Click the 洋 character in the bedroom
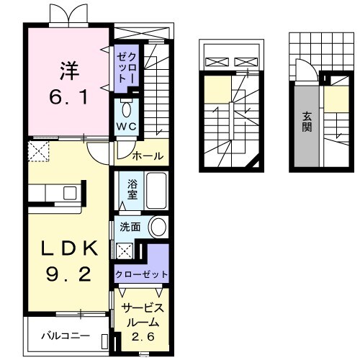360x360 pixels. click(69, 71)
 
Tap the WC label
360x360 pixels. click(127, 127)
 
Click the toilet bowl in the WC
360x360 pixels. click(127, 109)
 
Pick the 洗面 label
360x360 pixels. click(131, 227)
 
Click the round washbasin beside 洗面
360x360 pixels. click(158, 228)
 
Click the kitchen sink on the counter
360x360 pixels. click(70, 194)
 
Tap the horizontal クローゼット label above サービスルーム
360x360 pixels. click(142, 274)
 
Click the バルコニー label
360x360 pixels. click(65, 336)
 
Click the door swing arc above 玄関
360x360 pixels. click(303, 71)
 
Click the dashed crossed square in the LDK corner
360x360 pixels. click(38, 151)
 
